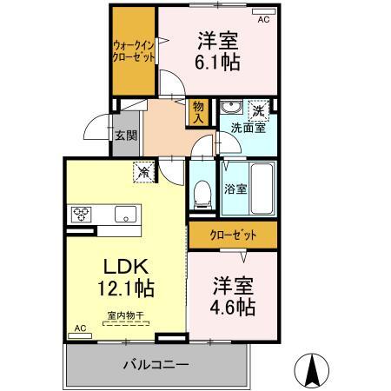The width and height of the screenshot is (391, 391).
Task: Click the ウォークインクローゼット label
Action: [x=133, y=50]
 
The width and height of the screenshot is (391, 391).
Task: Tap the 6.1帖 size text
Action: [x=218, y=63]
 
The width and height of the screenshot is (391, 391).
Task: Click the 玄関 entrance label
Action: [x=125, y=135]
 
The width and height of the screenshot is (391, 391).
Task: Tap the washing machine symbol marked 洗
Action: [x=259, y=110]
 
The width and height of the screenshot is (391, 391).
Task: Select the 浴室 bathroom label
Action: [x=234, y=188]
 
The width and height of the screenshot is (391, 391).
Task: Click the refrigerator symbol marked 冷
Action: [x=143, y=173]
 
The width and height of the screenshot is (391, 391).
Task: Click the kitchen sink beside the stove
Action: [x=123, y=214]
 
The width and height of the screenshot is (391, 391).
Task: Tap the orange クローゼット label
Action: [x=234, y=235]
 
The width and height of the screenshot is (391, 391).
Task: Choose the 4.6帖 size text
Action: [x=233, y=308]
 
